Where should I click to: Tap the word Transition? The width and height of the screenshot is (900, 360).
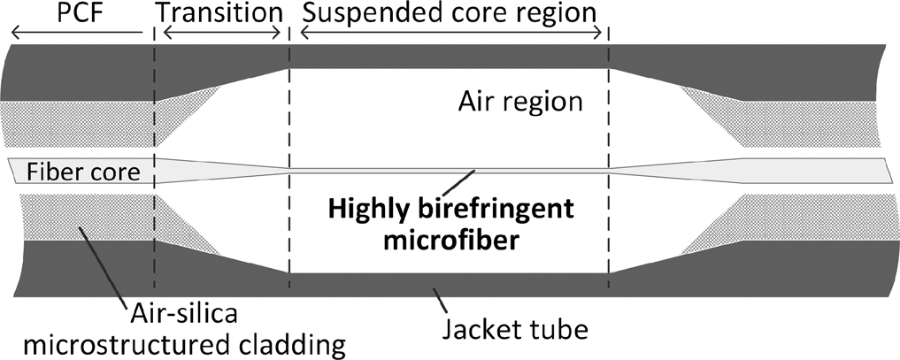(219, 13)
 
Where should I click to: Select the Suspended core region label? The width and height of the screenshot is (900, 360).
(449, 13)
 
